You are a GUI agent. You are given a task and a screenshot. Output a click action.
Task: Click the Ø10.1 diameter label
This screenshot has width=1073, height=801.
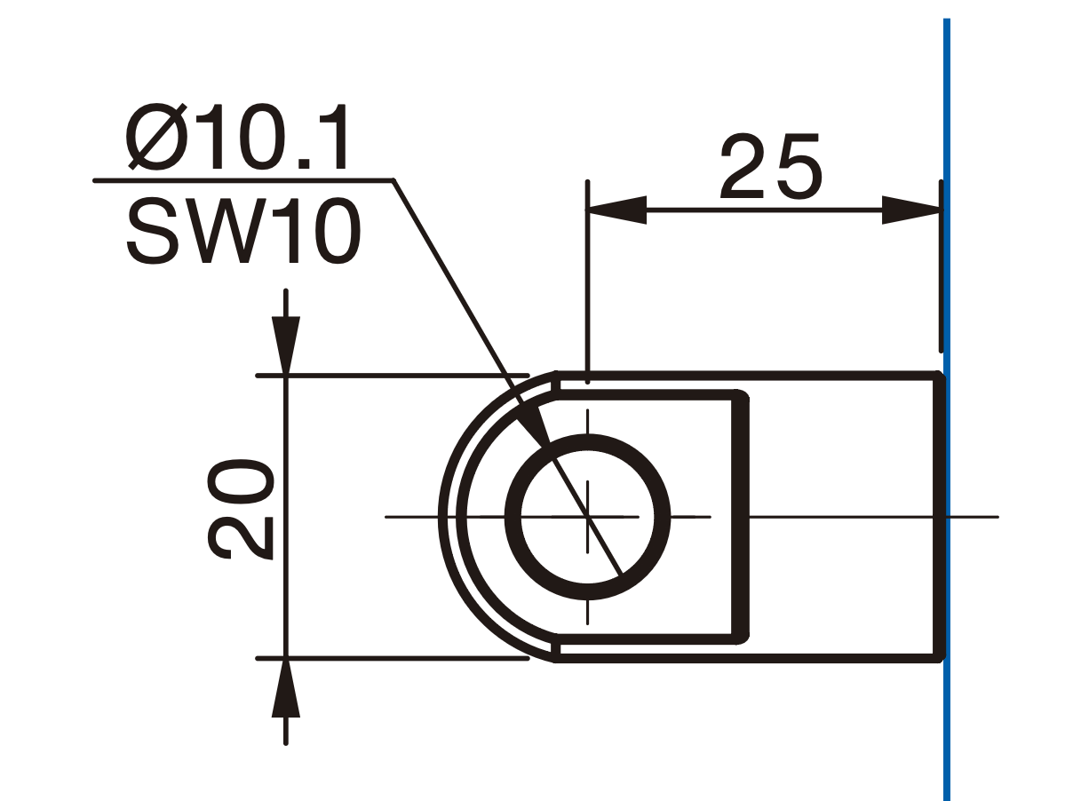pos(237,137)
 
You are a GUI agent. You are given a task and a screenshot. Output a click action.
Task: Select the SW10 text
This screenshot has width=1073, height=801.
pos(243,231)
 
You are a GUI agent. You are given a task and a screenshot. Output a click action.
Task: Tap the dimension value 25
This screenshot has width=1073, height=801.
pos(771,166)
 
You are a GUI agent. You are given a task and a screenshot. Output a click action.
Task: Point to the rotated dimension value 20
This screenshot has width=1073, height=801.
pos(240,509)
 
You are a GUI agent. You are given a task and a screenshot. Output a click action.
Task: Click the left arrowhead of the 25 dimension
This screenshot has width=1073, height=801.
pos(617,210)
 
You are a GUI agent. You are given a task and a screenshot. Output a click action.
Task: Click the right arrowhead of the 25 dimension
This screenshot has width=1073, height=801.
pos(911,210)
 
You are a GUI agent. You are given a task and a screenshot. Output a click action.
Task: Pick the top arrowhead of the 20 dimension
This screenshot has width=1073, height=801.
pos(286,346)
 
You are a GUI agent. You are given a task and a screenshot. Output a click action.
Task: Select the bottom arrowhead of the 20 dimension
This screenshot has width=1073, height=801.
pos(286,688)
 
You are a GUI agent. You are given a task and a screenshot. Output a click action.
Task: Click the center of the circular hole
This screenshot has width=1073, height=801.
pos(587,517)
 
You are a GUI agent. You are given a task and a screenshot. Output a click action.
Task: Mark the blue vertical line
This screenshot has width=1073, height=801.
pos(947,409)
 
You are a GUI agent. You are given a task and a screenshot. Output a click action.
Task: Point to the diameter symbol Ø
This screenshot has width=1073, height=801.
pos(156,137)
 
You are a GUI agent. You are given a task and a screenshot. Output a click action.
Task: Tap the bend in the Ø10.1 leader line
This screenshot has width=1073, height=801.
pos(393,180)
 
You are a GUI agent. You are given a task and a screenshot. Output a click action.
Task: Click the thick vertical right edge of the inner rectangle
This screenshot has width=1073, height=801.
pos(741,517)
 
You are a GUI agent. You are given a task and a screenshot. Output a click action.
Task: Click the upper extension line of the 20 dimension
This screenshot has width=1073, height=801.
pos(393,376)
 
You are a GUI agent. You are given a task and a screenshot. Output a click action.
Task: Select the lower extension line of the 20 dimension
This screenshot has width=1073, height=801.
pos(393,659)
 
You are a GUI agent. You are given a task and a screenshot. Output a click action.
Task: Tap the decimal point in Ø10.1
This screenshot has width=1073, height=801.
pos(304,163)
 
